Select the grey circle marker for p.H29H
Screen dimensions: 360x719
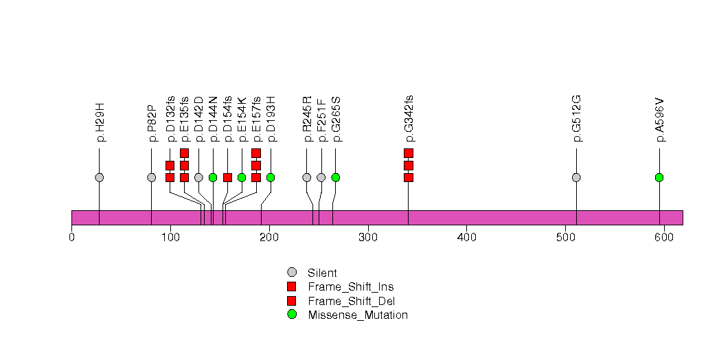pos(100,177)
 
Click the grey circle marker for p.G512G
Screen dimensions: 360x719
pos(576,177)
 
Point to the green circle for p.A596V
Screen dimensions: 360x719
pos(659,177)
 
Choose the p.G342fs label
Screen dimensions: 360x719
pos(409,118)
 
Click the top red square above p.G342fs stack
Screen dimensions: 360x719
pos(409,153)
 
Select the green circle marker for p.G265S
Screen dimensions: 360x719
pos(336,177)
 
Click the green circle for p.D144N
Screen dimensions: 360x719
pos(213,177)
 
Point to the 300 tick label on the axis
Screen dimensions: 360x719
pos(367,238)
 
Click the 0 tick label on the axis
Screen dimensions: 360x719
pos(71,238)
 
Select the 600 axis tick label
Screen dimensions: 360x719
pos(664,238)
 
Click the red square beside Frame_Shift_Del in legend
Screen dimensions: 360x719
pos(292,300)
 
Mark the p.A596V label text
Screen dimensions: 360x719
pos(659,120)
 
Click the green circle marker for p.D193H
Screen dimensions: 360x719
pos(271,177)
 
